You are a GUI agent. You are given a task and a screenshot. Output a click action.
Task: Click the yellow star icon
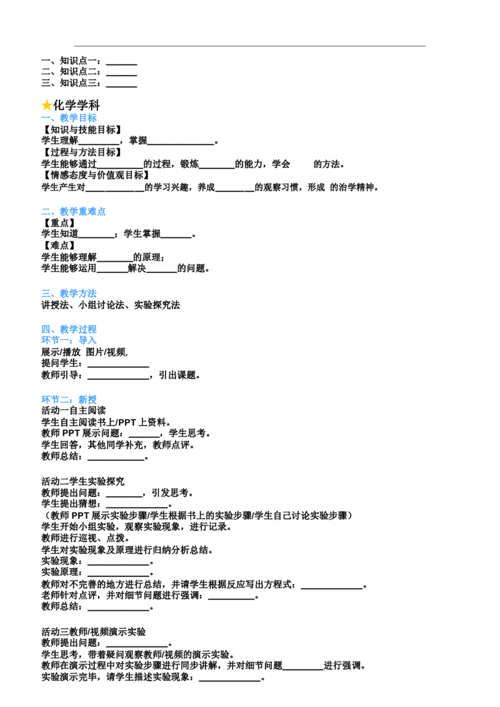tap(47, 105)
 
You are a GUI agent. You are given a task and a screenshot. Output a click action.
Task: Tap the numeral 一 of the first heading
tap(45, 117)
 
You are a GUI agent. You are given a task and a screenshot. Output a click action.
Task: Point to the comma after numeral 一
tap(54, 119)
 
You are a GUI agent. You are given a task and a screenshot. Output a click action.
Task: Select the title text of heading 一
tap(79, 117)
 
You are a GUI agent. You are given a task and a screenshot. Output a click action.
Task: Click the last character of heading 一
tap(94, 117)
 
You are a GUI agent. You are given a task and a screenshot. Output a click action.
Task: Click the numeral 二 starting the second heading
tap(45, 212)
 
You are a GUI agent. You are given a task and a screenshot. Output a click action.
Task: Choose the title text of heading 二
tap(83, 212)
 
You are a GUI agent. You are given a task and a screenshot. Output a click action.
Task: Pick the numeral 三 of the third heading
tap(45, 293)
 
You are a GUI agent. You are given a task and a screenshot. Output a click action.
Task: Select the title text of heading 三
tap(79, 293)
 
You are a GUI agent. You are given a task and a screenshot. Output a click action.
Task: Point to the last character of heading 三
tap(94, 293)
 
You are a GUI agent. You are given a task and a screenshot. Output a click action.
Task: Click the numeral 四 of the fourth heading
tap(45, 328)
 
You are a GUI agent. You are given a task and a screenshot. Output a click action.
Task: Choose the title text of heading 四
tap(79, 328)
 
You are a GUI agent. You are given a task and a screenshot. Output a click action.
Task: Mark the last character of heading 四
tap(94, 328)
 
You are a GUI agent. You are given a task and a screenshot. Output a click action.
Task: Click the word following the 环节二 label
tap(88, 400)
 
